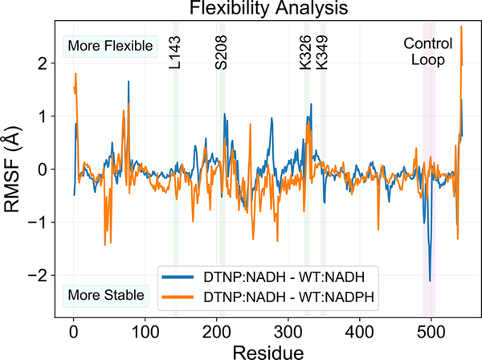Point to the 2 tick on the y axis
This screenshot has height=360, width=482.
coord(51,63)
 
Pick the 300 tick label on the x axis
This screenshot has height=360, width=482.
coord(288,329)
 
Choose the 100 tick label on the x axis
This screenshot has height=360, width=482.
coord(145,329)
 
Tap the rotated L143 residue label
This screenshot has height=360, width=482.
coord(175,52)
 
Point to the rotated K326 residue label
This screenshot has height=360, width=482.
coord(306,52)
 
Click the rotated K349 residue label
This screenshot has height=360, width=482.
coord(322,52)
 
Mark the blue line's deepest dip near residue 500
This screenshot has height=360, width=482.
coord(431,280)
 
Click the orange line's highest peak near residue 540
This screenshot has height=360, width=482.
coord(461,27)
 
